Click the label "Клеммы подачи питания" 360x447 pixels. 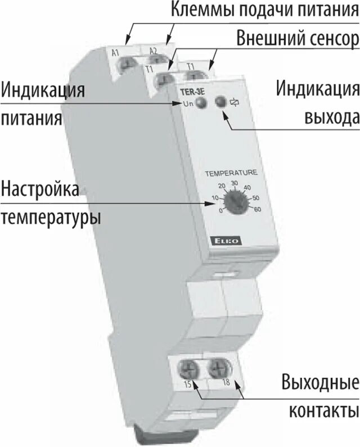(x=263, y=11)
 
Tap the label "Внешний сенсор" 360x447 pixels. (x=296, y=39)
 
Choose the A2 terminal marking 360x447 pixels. (x=153, y=52)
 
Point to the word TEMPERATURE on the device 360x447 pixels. (x=231, y=172)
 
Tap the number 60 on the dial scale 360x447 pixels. (x=258, y=210)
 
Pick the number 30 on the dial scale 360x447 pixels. (x=235, y=183)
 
